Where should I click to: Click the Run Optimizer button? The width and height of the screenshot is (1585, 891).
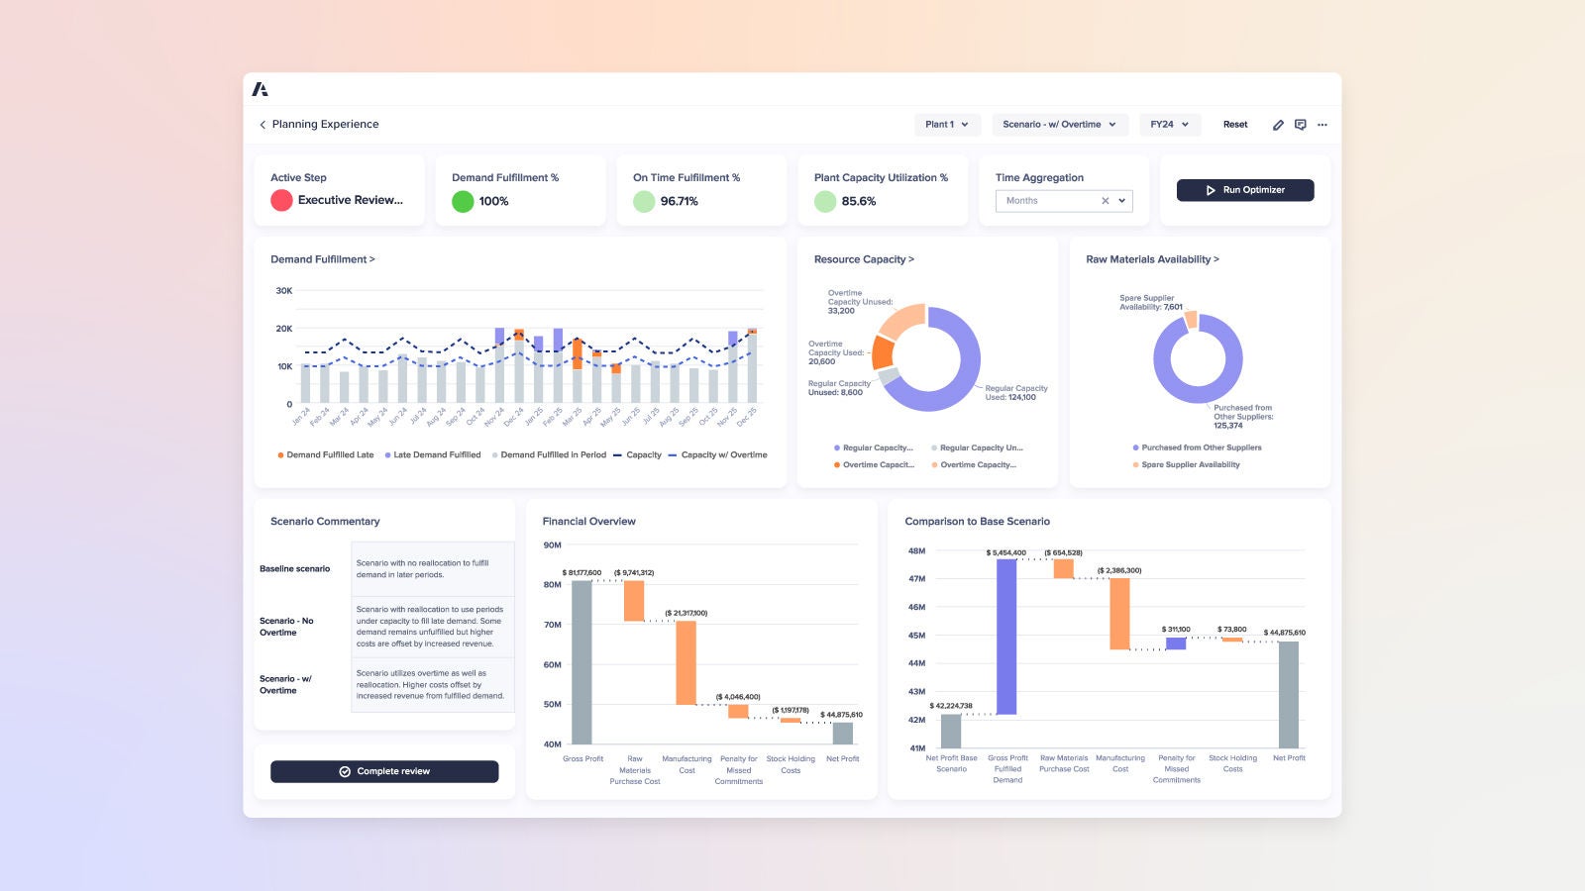1245,190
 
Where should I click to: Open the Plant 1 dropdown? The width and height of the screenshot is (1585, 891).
946,125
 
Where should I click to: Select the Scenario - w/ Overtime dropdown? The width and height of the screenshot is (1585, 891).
1059,125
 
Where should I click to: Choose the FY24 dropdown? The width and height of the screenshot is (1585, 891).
1169,125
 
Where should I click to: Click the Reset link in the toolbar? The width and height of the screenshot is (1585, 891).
1235,125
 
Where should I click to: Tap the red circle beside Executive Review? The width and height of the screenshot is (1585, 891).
281,200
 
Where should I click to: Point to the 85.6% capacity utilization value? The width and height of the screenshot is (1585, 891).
859,201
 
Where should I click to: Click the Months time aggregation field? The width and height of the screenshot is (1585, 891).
1050,201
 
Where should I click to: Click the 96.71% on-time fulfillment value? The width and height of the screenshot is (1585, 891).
680,201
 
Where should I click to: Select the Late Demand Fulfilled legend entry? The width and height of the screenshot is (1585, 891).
436,455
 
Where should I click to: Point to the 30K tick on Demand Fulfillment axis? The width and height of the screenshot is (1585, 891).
284,291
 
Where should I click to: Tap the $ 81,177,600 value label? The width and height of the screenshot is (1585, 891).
581,573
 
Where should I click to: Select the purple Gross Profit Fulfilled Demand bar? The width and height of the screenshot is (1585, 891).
1006,637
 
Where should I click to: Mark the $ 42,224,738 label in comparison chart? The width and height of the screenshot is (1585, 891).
951,706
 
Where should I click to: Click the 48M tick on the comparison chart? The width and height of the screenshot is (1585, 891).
916,550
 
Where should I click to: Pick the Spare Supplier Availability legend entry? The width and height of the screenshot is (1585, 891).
1190,465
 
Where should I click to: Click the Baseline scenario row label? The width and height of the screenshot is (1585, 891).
294,569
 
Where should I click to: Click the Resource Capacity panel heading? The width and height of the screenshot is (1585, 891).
864,259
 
